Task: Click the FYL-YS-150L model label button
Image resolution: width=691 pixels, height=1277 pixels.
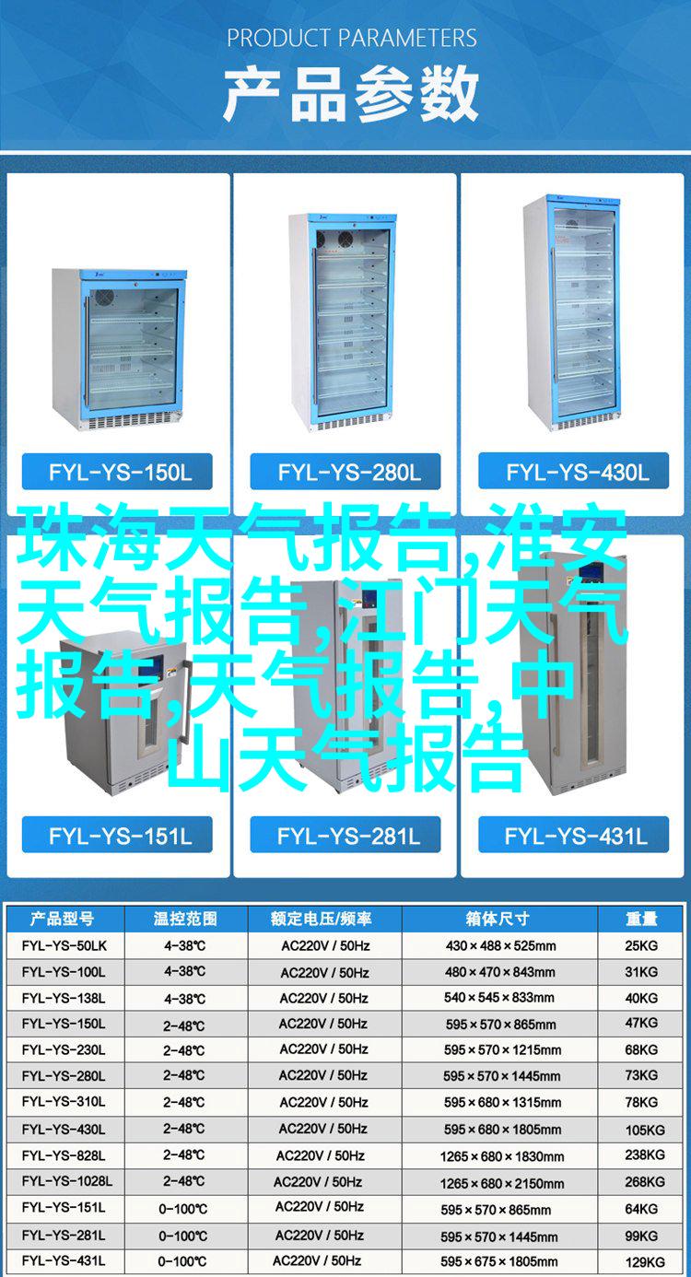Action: tap(117, 472)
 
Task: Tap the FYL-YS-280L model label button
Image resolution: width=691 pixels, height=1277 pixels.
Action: tap(345, 472)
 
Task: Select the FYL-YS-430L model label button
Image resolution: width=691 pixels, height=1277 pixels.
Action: tap(574, 472)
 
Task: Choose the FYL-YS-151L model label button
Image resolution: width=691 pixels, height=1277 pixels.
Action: tap(117, 835)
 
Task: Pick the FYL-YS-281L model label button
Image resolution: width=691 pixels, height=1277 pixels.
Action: tap(345, 835)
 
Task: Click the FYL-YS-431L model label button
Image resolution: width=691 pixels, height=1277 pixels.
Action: tap(574, 835)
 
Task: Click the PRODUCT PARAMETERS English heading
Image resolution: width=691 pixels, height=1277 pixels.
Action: tap(352, 38)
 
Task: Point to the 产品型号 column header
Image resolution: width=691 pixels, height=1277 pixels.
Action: tap(62, 919)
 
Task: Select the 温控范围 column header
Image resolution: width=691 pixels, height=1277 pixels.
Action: tap(184, 919)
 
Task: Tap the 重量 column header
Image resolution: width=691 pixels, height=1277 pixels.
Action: tap(641, 919)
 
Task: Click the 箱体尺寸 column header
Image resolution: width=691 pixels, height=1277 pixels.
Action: tap(498, 919)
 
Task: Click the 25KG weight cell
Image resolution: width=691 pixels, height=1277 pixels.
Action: tap(641, 946)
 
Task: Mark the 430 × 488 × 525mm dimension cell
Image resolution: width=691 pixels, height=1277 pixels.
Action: tap(500, 946)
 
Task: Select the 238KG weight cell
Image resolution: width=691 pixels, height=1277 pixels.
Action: tap(645, 1154)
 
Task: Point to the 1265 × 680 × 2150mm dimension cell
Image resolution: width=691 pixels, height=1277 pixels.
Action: tap(502, 1184)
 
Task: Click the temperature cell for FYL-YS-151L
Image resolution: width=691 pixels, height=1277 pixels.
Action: tap(183, 1209)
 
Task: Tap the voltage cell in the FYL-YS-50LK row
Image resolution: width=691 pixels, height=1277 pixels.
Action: tap(325, 946)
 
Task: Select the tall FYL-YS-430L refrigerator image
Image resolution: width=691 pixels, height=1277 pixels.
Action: tap(572, 313)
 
